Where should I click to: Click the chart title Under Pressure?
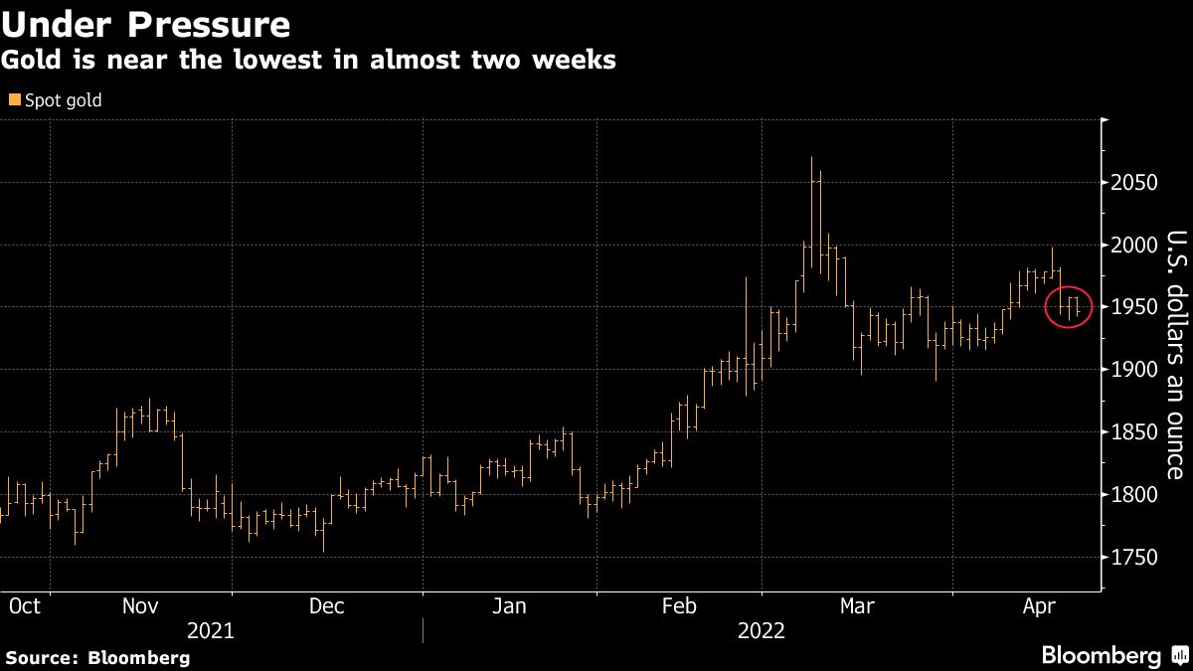pyautogui.click(x=146, y=23)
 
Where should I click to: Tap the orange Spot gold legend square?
pyautogui.click(x=13, y=100)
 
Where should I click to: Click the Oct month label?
pyautogui.click(x=24, y=605)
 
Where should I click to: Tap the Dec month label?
pyautogui.click(x=326, y=605)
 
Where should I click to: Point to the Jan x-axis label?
pyautogui.click(x=509, y=605)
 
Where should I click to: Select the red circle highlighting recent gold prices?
pyautogui.click(x=1069, y=307)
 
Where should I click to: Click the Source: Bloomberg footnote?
pyautogui.click(x=97, y=657)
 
